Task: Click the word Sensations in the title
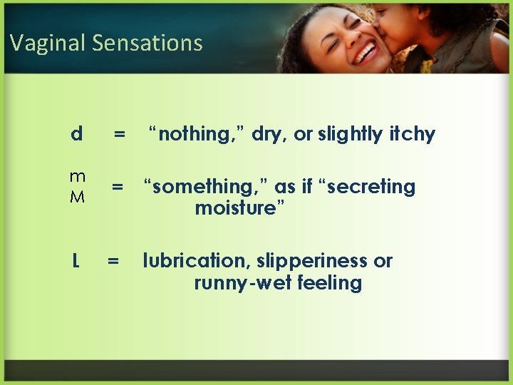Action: tap(147, 43)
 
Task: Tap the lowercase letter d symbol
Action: tap(76, 133)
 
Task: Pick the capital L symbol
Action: tap(76, 262)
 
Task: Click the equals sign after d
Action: tap(120, 133)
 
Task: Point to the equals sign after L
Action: tap(113, 262)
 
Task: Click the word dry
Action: tap(266, 135)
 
